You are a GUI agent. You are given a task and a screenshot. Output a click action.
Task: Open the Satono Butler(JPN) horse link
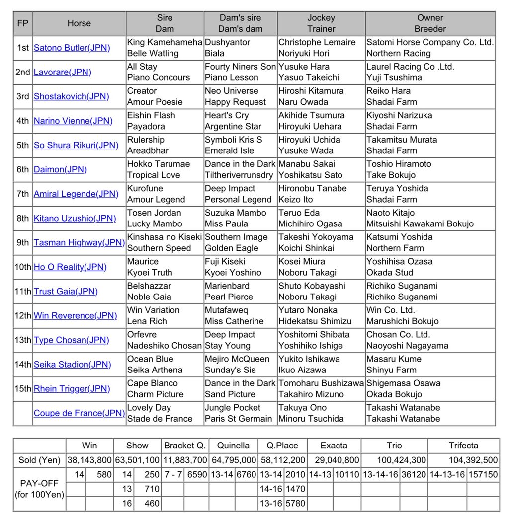[x=72, y=48]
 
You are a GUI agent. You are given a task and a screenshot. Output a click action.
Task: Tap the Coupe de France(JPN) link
[x=79, y=413]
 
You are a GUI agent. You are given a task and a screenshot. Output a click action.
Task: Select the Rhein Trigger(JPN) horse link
[x=72, y=389]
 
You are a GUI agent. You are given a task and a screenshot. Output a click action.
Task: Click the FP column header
[x=23, y=23]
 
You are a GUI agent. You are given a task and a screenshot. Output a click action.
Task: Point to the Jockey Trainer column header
[x=321, y=23]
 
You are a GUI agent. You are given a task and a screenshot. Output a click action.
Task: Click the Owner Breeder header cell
[x=430, y=23]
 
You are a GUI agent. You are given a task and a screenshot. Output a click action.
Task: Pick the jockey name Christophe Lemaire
[x=317, y=43]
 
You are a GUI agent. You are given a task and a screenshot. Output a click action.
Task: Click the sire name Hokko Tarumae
[x=158, y=164]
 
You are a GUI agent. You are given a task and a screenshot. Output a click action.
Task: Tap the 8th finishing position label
[x=23, y=219]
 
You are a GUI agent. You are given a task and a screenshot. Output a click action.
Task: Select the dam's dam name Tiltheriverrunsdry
[x=239, y=175]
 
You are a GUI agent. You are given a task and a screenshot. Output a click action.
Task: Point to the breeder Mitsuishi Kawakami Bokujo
[x=420, y=224]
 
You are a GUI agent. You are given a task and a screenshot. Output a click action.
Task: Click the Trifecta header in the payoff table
[x=463, y=446]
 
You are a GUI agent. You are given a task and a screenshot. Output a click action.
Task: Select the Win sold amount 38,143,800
[x=89, y=460]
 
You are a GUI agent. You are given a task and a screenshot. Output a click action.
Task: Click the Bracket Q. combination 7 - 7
[x=174, y=475]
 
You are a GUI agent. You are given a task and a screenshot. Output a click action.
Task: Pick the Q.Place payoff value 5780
[x=295, y=504]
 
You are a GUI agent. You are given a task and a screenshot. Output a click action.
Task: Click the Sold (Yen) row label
[x=39, y=460]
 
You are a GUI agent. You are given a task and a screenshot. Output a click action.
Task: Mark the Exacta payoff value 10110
[x=347, y=475]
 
